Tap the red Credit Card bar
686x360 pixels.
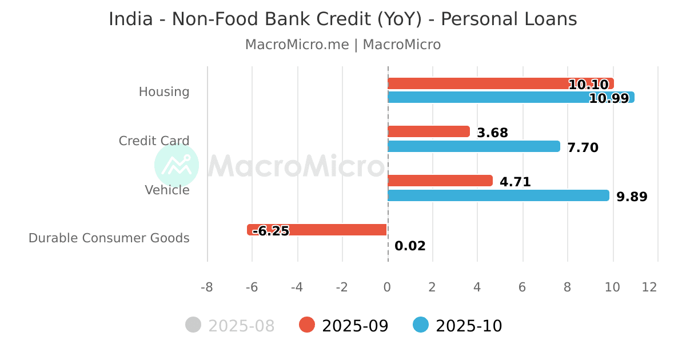point(429,132)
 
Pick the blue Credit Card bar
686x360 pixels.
point(474,146)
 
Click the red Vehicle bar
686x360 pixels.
point(440,181)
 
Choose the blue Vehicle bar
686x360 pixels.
point(498,195)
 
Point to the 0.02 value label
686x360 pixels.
point(410,246)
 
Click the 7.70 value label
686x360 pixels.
point(583,148)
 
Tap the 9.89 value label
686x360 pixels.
point(632,197)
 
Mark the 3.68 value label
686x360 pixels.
point(492,133)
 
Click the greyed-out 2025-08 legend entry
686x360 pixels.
point(230,326)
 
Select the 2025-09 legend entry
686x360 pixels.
point(344,326)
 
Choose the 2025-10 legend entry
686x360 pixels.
point(458,326)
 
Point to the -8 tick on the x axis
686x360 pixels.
point(207,287)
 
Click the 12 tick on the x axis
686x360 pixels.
point(649,287)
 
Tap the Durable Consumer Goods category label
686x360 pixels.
point(109,238)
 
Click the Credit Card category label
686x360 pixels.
point(154,141)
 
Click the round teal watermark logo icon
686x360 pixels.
point(177,166)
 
